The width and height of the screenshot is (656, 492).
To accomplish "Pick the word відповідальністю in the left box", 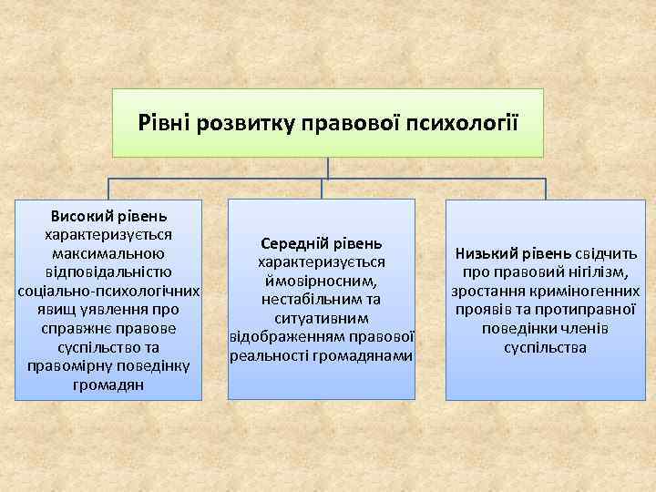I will (x=108, y=272).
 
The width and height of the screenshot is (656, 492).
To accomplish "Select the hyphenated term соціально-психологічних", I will (x=108, y=291).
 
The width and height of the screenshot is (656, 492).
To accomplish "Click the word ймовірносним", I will (x=321, y=281).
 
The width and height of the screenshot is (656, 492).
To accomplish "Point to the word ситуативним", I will (x=321, y=318).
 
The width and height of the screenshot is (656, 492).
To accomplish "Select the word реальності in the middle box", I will (x=266, y=355).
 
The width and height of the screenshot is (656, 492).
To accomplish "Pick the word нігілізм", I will (x=596, y=272).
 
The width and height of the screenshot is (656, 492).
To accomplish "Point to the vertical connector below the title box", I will (x=328, y=169).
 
